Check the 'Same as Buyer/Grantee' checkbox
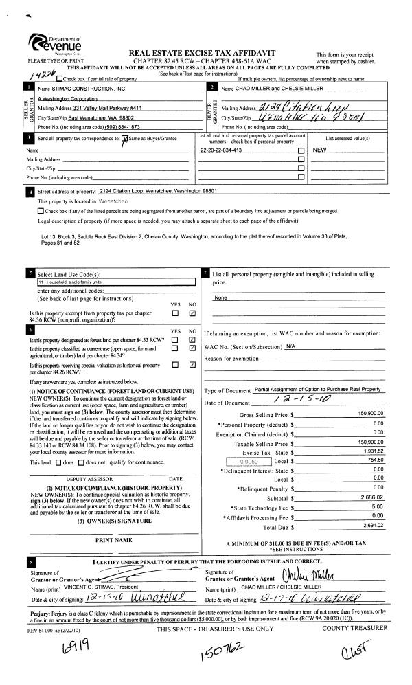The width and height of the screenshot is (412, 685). [124, 139]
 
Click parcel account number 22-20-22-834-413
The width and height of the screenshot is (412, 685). [220, 149]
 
